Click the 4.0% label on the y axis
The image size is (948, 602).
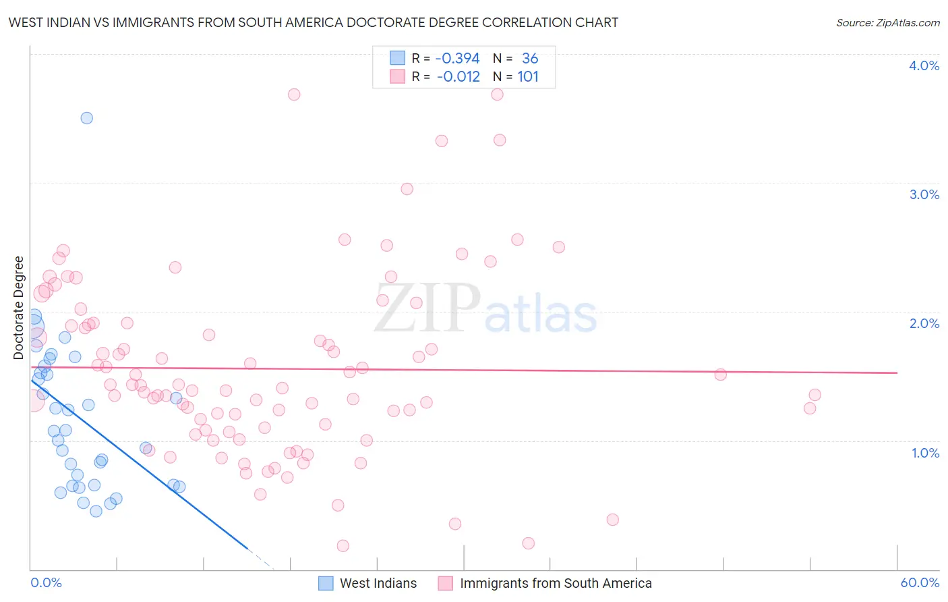point(924,65)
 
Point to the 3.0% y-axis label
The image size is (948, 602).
point(924,194)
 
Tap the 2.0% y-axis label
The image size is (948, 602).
point(924,323)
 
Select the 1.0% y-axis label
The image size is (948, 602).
point(925,453)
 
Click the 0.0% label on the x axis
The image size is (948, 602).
point(46,582)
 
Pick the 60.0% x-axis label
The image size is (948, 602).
point(920,582)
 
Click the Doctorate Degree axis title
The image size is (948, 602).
point(18,308)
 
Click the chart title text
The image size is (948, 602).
point(313,22)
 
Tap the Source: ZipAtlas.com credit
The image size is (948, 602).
point(887,22)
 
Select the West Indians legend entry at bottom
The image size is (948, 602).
point(368,583)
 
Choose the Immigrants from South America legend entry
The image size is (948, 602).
point(545,583)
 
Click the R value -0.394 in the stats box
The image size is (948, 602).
point(457,58)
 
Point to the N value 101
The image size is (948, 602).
point(528,76)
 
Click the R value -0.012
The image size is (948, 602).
point(458,76)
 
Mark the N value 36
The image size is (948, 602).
point(530,58)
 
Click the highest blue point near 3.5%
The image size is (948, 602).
point(87,118)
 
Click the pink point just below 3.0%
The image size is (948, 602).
point(407,189)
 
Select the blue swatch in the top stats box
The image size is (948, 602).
point(398,58)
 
